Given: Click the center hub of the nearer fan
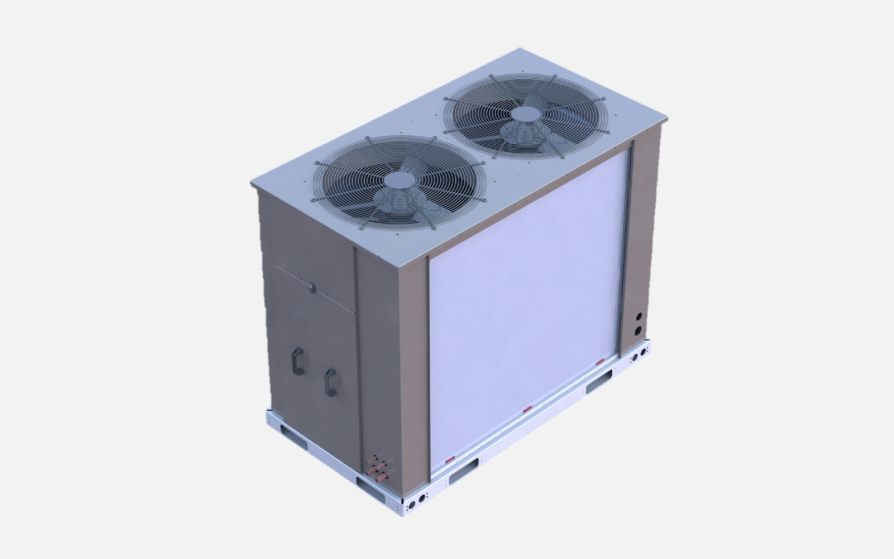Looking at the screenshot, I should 398,180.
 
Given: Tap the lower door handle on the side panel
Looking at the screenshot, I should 330,382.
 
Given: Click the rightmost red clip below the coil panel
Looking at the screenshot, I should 600,362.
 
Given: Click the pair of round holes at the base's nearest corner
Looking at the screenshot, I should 419,501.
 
